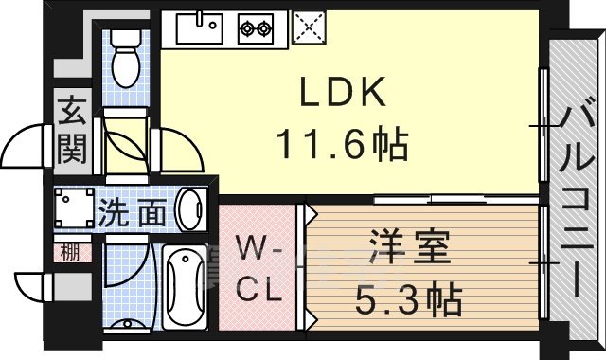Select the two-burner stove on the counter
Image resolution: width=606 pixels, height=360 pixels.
[256, 29]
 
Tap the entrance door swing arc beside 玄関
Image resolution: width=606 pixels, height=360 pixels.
[26, 147]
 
